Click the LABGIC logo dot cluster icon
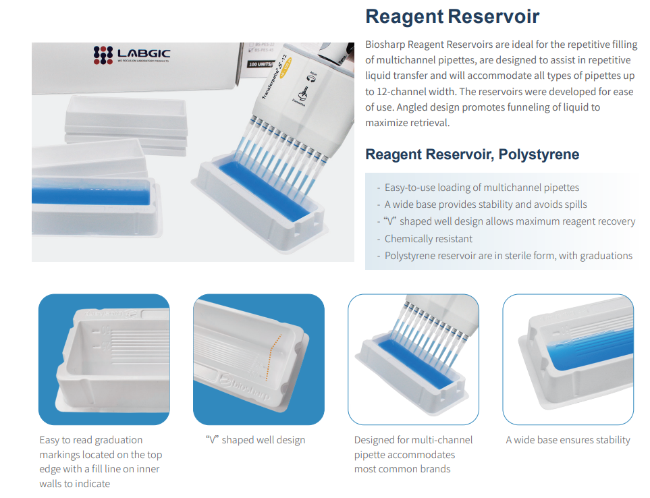pos(103,55)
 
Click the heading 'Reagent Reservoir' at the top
pos(452,17)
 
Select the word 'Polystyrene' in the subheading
pos(539,155)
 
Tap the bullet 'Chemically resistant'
pos(428,239)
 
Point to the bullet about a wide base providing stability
pos(485,204)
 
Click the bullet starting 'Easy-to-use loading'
pos(482,188)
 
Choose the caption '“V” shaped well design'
pos(255,440)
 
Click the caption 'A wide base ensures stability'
pos(568,440)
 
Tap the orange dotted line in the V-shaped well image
pos(273,356)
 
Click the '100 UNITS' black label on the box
pos(261,64)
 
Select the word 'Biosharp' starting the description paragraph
pos(385,45)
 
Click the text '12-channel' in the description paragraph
pos(402,92)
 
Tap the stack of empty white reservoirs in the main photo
pos(126,124)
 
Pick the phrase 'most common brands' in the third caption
pos(402,469)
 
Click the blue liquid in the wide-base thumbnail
pos(589,348)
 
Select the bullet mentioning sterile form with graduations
pos(508,256)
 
